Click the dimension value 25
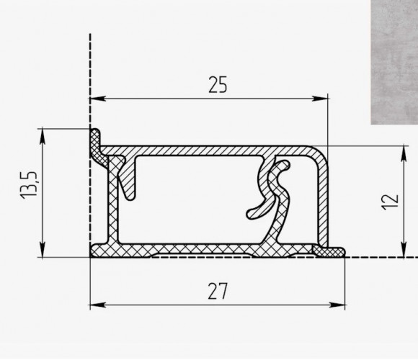click(x=218, y=85)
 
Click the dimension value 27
click(x=218, y=292)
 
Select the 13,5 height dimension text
click(x=29, y=185)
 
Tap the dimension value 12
click(x=391, y=202)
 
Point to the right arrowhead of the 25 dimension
click(x=320, y=99)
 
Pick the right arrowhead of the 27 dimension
click(x=337, y=305)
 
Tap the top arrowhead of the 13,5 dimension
click(x=43, y=137)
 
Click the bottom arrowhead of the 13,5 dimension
click(x=43, y=250)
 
